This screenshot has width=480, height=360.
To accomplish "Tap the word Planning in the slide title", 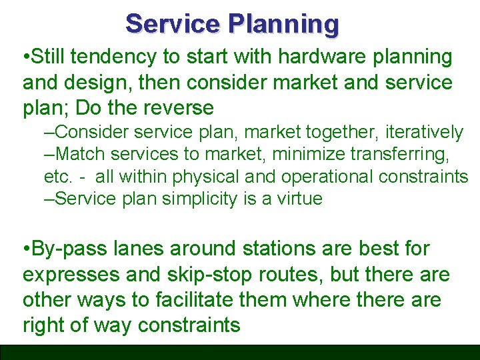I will coord(284,25).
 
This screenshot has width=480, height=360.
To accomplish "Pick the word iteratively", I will coord(423,133).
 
